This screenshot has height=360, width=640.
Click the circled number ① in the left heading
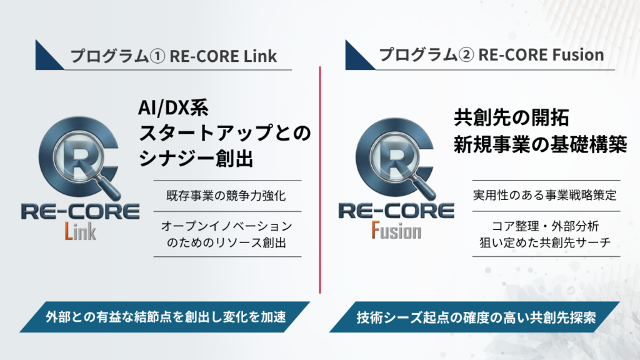pos(157,56)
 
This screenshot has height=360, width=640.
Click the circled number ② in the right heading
pos(466,55)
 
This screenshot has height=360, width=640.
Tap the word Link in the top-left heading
pos(261,56)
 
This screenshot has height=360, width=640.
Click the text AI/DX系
pos(174,107)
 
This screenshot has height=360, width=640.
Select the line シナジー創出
pos(196,158)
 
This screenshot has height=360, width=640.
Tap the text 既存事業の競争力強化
pos(226,196)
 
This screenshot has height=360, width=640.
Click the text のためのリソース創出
pos(226,242)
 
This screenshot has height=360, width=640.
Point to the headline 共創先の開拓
pos(511,118)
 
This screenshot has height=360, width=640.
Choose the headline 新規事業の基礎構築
pos(541,144)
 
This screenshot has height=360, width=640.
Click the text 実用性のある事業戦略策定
pos(545,196)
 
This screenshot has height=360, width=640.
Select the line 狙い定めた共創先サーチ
pos(545,242)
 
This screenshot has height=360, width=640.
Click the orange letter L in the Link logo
pos(69,231)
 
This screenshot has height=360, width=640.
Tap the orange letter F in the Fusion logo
pos(376,230)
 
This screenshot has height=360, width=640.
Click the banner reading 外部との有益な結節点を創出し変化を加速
pos(165,317)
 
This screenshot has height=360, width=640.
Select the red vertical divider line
pos(320,179)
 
